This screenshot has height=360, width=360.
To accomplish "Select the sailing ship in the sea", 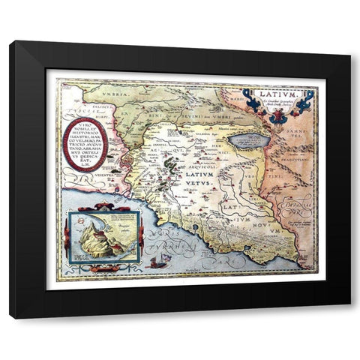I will [x=157, y=262].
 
